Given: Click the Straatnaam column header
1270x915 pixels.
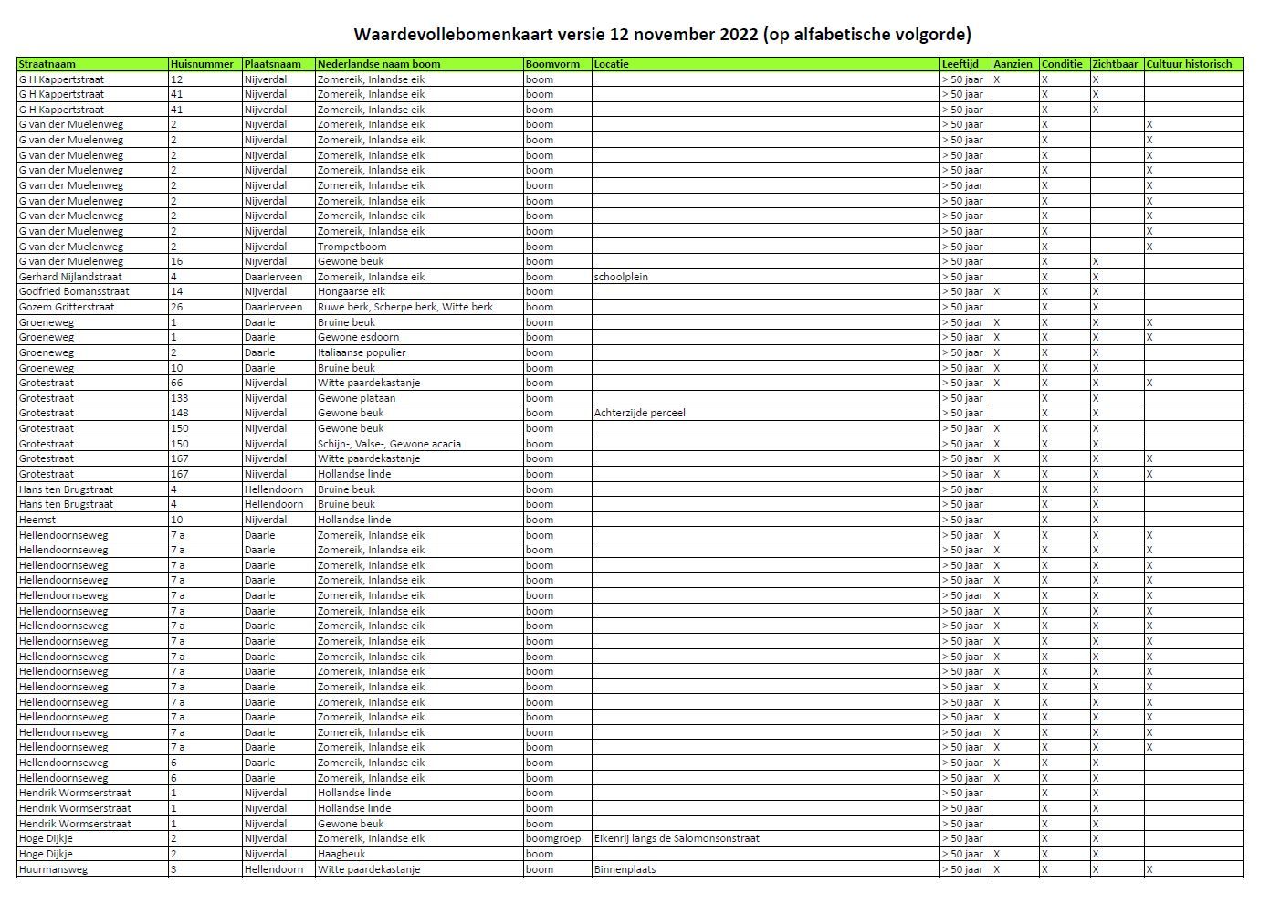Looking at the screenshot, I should click(x=47, y=64).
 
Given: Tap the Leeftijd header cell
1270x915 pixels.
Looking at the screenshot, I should click(x=960, y=64).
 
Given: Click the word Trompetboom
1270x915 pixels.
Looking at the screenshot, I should click(x=352, y=247).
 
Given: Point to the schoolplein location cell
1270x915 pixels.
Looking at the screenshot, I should click(x=621, y=277).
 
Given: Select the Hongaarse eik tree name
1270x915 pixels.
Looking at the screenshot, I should click(x=351, y=291).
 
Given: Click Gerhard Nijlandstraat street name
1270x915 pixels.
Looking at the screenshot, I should click(x=70, y=277).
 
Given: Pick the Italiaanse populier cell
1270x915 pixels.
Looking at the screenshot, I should click(x=362, y=352).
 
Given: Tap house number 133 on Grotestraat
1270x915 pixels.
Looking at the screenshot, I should click(x=180, y=398).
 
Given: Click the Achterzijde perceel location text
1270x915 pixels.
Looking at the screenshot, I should click(x=639, y=413).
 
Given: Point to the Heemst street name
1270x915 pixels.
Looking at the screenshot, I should click(x=37, y=520).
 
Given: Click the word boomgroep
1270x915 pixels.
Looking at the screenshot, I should click(x=553, y=838).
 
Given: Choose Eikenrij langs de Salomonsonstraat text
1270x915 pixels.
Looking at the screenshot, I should click(x=677, y=838).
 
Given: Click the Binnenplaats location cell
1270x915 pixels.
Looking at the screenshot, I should click(x=625, y=869).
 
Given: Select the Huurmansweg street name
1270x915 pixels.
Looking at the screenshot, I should click(x=54, y=869).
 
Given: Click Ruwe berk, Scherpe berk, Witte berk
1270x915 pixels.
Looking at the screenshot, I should click(x=404, y=307).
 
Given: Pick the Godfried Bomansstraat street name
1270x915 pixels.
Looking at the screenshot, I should click(x=74, y=291).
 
